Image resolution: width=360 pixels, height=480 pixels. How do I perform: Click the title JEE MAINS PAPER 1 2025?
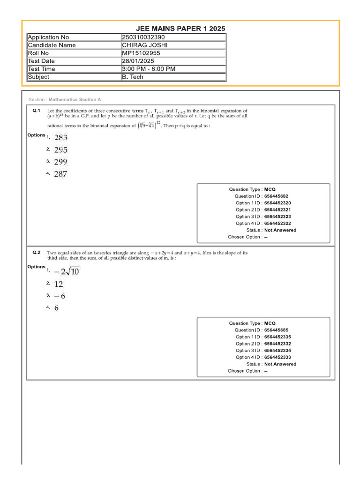tap(180, 29)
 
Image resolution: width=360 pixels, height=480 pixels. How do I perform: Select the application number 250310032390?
tap(143, 37)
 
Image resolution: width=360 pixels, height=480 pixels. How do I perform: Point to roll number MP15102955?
tap(141, 53)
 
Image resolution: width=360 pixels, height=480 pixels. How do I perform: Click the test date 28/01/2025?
tap(138, 61)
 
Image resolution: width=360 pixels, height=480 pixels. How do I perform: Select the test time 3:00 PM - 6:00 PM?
tap(149, 69)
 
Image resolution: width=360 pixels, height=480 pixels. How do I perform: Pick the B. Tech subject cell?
tap(133, 77)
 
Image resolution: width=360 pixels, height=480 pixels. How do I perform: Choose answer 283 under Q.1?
tap(61, 138)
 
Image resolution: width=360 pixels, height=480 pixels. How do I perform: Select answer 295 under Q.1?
tap(61, 150)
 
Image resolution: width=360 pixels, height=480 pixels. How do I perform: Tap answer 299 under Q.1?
tap(61, 162)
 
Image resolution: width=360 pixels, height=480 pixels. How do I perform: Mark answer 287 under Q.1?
tap(61, 174)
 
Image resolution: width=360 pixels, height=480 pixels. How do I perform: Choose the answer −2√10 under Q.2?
tap(67, 272)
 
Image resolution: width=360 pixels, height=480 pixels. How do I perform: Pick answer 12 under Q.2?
tap(59, 284)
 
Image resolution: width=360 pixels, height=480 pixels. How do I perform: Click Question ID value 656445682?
tap(277, 196)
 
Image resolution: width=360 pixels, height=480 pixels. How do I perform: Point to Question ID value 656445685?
tap(277, 330)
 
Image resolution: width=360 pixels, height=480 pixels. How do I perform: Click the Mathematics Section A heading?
tap(75, 100)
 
